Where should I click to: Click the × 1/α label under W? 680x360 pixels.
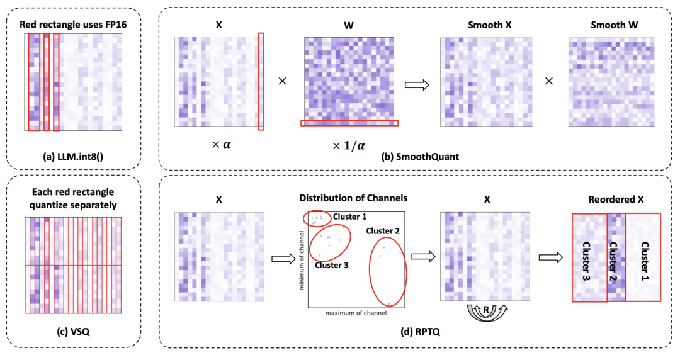pyautogui.click(x=348, y=146)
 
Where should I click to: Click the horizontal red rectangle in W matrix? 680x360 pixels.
pyautogui.click(x=349, y=123)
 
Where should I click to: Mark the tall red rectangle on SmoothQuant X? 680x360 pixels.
pyautogui.click(x=261, y=82)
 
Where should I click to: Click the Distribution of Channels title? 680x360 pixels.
pyautogui.click(x=354, y=198)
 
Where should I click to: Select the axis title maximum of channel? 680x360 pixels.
pyautogui.click(x=354, y=312)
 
